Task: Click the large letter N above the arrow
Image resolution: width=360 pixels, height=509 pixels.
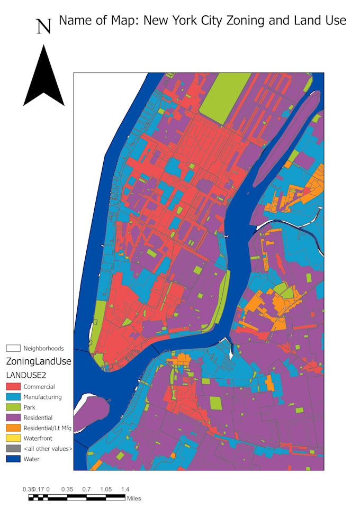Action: [43, 26]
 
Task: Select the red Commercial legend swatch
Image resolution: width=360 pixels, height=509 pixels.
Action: [13, 387]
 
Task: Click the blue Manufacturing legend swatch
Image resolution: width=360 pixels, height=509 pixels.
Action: [13, 397]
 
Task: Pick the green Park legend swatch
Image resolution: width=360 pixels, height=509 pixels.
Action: [13, 407]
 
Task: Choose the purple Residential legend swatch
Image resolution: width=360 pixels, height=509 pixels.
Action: [13, 418]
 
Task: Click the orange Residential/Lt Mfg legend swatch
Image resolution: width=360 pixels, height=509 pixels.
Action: [13, 428]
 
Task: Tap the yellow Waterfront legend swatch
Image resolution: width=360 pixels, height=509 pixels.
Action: [13, 439]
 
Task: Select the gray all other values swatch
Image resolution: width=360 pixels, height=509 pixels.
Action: [13, 449]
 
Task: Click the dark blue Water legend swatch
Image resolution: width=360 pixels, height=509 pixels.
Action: [13, 459]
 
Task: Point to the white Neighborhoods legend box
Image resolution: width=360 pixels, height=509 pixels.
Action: [13, 348]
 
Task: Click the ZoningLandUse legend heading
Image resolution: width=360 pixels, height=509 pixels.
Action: [38, 361]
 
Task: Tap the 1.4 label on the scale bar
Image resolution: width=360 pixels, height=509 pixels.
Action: [125, 489]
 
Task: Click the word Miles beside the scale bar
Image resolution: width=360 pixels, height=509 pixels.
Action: [134, 498]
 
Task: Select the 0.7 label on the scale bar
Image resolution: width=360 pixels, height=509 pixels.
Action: [86, 489]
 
